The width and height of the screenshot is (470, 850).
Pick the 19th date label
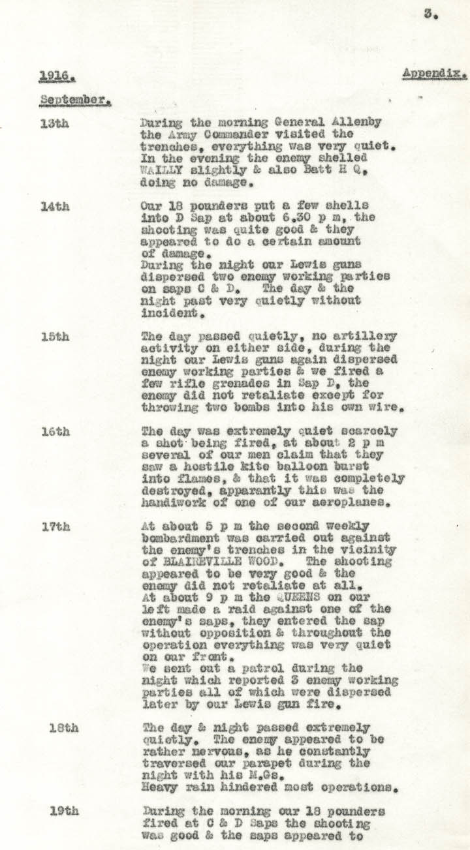tap(64, 812)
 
